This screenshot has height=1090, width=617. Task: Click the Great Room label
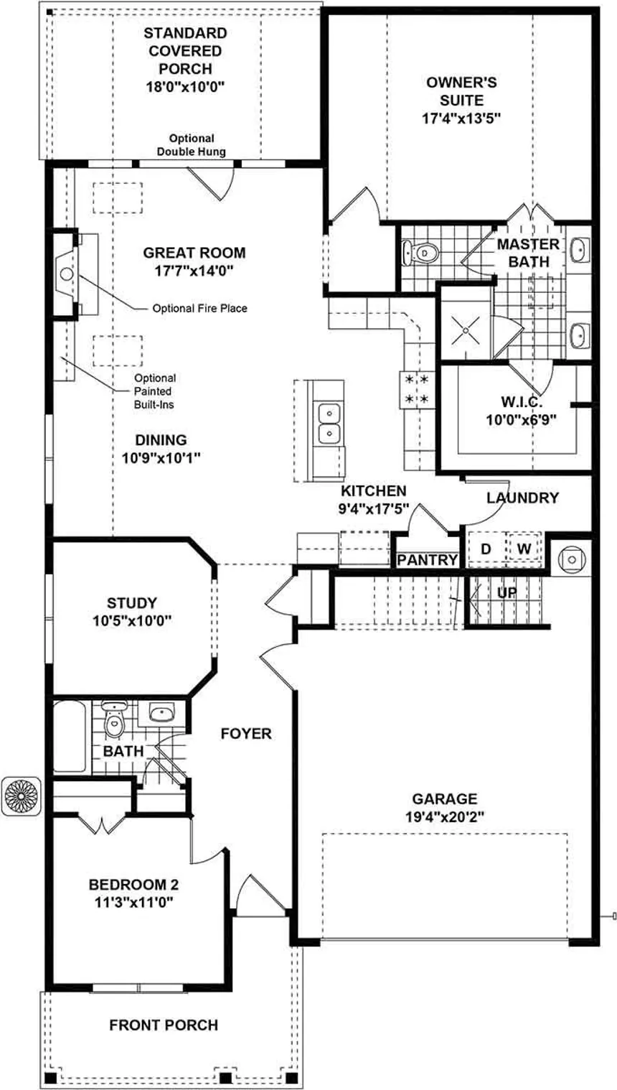[194, 253]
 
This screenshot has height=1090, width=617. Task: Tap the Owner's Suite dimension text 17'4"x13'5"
[461, 118]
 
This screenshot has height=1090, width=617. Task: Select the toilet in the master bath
[420, 253]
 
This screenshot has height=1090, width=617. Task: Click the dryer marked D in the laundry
[486, 549]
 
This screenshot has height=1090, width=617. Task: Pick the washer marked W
[524, 549]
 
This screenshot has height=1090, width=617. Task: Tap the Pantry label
[428, 560]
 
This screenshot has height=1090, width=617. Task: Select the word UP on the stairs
[507, 592]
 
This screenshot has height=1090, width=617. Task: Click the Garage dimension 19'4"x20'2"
[444, 816]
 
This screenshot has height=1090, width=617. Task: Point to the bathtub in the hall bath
[70, 736]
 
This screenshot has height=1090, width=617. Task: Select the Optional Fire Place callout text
[200, 309]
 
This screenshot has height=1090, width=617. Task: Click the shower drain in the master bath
[466, 331]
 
